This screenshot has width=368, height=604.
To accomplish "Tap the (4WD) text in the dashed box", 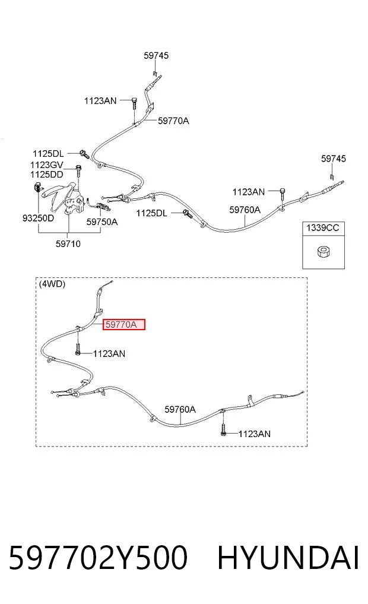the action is (52, 284).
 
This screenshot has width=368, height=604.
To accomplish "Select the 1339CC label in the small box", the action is (322, 228).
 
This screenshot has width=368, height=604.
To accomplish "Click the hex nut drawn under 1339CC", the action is (323, 252).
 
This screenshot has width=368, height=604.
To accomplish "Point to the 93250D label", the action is (38, 219).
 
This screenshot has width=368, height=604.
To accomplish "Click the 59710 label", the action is (68, 244).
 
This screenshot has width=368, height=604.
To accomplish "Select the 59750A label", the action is (102, 222).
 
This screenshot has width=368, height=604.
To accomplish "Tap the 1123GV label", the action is (47, 165).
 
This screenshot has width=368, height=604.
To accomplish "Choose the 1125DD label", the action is (47, 175).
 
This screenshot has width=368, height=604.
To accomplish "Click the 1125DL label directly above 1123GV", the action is (48, 154).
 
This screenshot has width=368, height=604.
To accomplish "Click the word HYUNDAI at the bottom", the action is (288, 558).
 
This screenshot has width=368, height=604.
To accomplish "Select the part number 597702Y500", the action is (98, 558).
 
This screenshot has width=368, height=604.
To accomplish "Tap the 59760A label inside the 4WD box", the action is (180, 409).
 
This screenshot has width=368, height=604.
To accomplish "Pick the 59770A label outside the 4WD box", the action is (173, 121).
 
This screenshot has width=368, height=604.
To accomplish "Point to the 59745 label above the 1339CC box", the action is (334, 159).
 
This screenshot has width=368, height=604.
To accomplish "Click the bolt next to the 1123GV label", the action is (78, 170).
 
